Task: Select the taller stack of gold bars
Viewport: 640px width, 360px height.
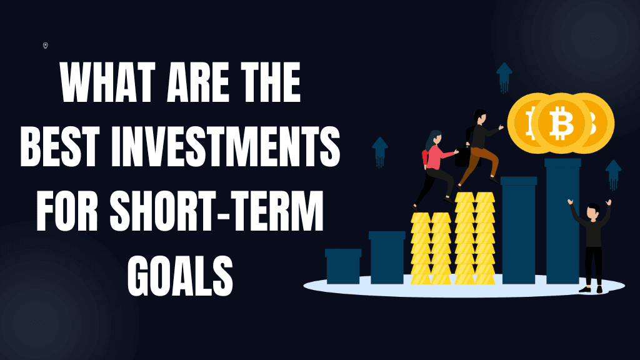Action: coord(474,237)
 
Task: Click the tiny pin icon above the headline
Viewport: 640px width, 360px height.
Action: coord(46,45)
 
